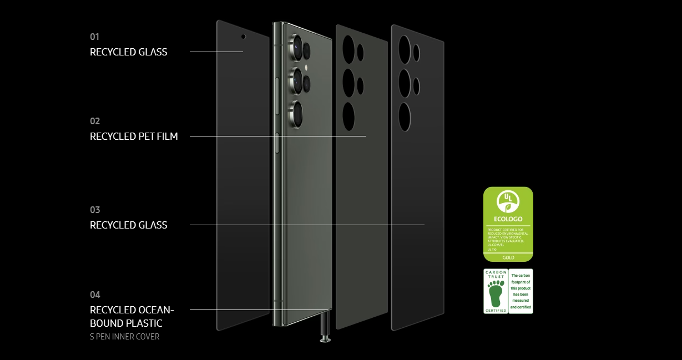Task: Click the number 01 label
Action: (x=94, y=37)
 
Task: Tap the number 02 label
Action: (x=95, y=121)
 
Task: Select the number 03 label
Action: (x=95, y=210)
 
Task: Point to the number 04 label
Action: (x=95, y=295)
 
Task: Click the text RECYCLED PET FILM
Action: (x=134, y=136)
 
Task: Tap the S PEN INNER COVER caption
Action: (x=124, y=337)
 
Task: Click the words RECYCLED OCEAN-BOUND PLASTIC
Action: (x=132, y=316)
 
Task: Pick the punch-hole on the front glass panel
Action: (x=243, y=37)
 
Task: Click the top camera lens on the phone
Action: (x=296, y=47)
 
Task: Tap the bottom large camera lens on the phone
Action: (x=297, y=113)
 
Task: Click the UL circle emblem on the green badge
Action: (x=508, y=202)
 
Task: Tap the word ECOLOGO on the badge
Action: (x=508, y=219)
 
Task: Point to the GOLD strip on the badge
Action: (x=508, y=257)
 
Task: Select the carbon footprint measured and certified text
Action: (x=521, y=291)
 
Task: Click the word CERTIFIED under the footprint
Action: (x=496, y=311)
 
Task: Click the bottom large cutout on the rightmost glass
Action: (x=405, y=116)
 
